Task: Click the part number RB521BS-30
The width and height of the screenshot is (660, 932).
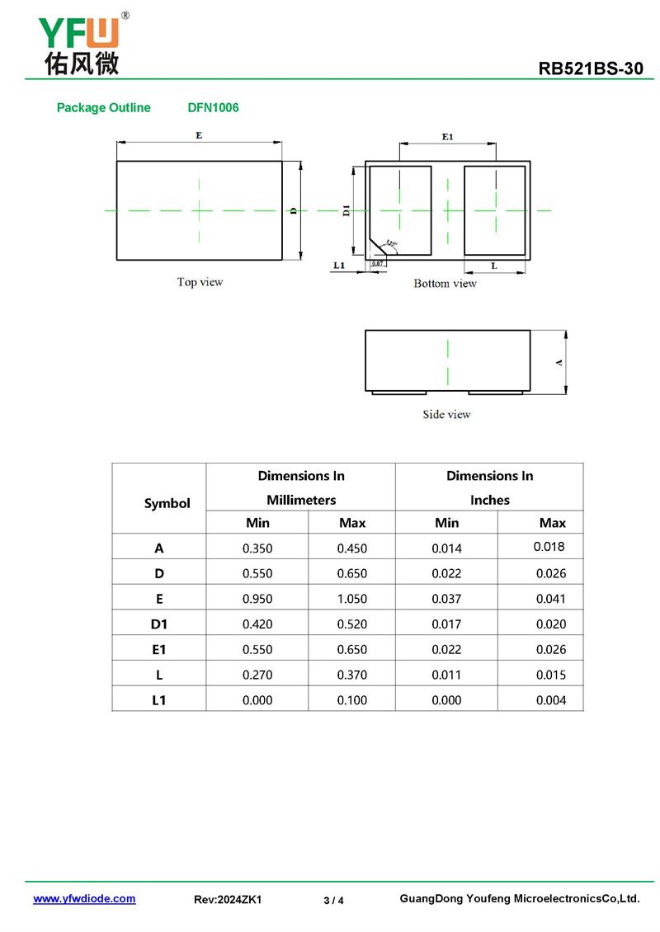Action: pyautogui.click(x=591, y=68)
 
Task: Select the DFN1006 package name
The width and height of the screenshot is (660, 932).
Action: pyautogui.click(x=213, y=107)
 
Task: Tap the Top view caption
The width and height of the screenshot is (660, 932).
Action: pyautogui.click(x=200, y=282)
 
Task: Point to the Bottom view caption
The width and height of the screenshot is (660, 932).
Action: pyautogui.click(x=445, y=284)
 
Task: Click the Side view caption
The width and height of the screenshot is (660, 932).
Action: pyautogui.click(x=446, y=414)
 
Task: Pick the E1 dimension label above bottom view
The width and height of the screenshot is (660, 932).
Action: pyautogui.click(x=447, y=136)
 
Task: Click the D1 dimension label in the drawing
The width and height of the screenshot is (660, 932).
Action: pyautogui.click(x=346, y=211)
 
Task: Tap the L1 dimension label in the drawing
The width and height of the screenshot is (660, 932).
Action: pyautogui.click(x=338, y=265)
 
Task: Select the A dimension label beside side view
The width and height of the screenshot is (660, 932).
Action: pyautogui.click(x=560, y=362)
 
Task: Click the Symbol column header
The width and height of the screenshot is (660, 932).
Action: pyautogui.click(x=167, y=503)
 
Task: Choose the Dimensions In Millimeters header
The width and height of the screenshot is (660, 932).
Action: pyautogui.click(x=301, y=487)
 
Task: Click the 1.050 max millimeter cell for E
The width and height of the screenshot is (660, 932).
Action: pyautogui.click(x=352, y=599)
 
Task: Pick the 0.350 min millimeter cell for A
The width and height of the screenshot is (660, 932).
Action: pyautogui.click(x=257, y=548)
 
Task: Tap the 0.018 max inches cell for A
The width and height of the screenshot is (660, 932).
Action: pyautogui.click(x=549, y=547)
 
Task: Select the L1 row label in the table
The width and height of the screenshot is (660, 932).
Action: pyautogui.click(x=159, y=700)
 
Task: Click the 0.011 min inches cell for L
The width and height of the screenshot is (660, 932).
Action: pyautogui.click(x=446, y=675)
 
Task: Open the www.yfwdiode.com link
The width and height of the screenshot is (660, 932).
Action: pyautogui.click(x=84, y=899)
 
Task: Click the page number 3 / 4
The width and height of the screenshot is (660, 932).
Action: pyautogui.click(x=333, y=900)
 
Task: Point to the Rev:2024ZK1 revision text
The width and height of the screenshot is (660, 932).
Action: pyautogui.click(x=228, y=900)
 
